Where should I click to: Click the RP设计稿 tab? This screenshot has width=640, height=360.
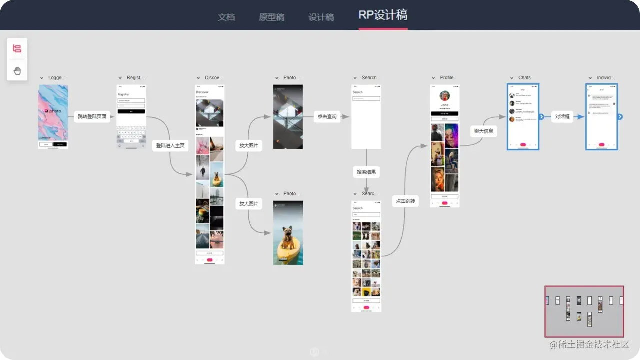click(x=383, y=15)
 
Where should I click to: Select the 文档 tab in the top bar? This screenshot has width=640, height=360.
click(x=226, y=17)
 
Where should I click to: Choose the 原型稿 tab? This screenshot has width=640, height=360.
click(x=271, y=17)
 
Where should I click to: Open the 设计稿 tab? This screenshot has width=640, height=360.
click(x=321, y=17)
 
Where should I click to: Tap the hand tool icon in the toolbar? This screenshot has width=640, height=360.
click(x=17, y=71)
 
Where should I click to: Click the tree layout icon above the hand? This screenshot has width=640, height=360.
click(x=17, y=49)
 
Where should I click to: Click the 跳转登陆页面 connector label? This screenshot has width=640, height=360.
click(x=92, y=116)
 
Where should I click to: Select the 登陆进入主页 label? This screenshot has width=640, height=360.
click(x=170, y=145)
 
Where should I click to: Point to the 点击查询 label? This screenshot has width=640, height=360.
click(x=327, y=116)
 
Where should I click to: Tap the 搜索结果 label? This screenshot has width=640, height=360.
click(x=366, y=172)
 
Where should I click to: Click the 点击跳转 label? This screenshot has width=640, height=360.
click(x=405, y=201)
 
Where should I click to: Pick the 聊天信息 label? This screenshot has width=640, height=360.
click(x=483, y=131)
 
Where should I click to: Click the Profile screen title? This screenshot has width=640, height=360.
click(x=446, y=78)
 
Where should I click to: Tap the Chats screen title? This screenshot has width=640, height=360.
click(x=524, y=78)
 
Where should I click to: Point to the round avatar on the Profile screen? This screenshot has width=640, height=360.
click(x=444, y=96)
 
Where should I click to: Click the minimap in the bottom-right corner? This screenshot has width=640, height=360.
click(x=584, y=311)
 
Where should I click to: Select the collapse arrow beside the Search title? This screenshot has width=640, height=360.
click(x=355, y=78)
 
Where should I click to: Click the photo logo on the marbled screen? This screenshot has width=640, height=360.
click(x=53, y=111)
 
